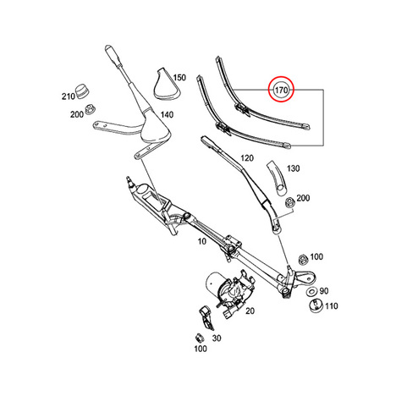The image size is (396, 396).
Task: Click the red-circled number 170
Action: coord(281,91)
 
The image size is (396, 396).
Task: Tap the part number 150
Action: coord(179,78)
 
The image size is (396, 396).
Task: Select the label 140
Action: coord(167,115)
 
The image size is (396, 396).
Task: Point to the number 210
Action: coord(69,96)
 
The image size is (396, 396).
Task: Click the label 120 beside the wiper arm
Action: coord(247,158)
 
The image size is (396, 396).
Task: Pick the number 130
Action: coord(294,168)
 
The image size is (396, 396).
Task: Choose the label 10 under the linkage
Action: coord(202,241)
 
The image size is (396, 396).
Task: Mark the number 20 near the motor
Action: coord(250,311)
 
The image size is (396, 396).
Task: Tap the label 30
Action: coord(217,338)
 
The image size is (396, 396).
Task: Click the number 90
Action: coord(324,291)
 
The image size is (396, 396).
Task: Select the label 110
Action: coord(331,306)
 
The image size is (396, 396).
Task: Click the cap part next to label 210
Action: coord(82,91)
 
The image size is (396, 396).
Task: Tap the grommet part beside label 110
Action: coord(316,305)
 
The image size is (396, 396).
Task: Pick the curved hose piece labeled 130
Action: coord(278,178)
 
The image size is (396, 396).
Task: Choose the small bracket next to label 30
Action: coord(206,317)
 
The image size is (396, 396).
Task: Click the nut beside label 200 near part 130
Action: coord(289,203)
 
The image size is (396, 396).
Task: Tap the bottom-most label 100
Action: coord(201,349)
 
